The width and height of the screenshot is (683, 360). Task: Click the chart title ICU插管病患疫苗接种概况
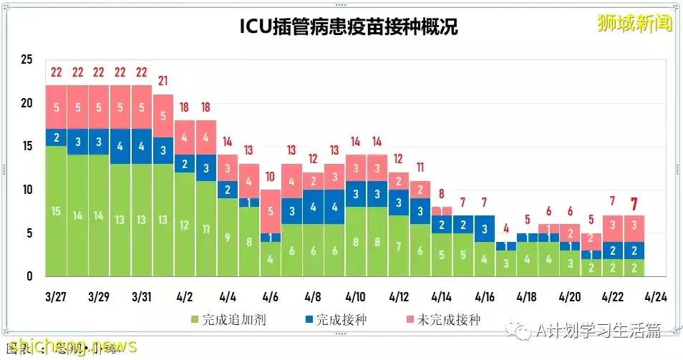[x=349, y=27]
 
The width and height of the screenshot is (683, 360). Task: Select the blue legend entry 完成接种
[x=336, y=320]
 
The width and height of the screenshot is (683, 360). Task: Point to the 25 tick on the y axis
[x=26, y=59]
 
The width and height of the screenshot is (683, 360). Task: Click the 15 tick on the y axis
[x=26, y=146]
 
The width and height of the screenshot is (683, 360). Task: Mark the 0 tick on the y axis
[x=29, y=276]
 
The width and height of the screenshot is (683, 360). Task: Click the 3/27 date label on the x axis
[x=57, y=296]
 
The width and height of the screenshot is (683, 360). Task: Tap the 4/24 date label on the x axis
[x=656, y=296]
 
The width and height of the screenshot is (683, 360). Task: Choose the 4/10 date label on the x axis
[x=357, y=296]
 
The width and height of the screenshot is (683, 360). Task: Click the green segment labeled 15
[x=57, y=211]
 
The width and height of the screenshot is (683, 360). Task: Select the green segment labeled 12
[x=185, y=224]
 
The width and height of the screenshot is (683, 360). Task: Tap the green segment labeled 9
[x=228, y=237]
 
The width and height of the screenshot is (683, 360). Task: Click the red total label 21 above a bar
[x=163, y=80]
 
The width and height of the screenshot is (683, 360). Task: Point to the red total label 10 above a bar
[x=270, y=176]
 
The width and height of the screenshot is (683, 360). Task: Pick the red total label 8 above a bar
[x=442, y=193]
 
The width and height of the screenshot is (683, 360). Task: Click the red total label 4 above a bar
[x=505, y=228]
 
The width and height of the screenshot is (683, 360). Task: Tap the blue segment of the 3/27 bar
[x=57, y=137]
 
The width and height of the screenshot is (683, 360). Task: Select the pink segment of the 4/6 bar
[x=270, y=211]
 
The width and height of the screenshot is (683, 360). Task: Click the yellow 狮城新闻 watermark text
[x=635, y=24]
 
